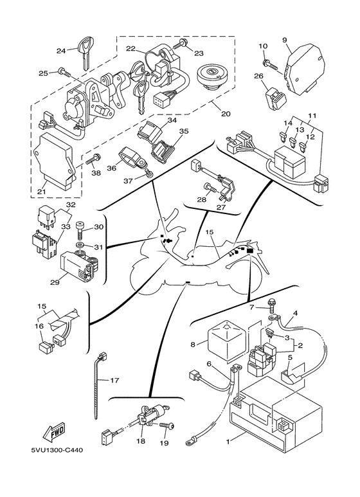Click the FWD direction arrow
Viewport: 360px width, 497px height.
54,431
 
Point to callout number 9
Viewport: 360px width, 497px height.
285,40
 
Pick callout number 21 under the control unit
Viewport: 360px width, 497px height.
42,192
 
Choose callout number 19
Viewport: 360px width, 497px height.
165,443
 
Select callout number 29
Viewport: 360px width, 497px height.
55,282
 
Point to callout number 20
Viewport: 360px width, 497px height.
225,113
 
